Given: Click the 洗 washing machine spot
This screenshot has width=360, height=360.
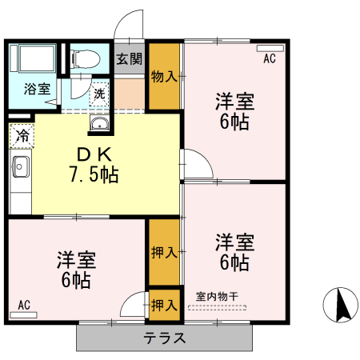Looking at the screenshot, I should (x=99, y=93).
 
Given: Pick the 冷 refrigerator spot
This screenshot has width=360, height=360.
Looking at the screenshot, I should (x=22, y=135).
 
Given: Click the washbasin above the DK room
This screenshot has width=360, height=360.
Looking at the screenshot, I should (x=101, y=123).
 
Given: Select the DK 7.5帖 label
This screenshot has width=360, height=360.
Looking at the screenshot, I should (x=98, y=165).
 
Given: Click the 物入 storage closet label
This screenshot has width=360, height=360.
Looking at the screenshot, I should (x=164, y=77).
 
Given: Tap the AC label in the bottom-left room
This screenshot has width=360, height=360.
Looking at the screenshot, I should (x=24, y=305).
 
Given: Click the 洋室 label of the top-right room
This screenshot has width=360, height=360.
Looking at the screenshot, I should (x=234, y=103).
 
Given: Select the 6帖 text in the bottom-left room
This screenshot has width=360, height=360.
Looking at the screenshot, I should (x=76, y=280).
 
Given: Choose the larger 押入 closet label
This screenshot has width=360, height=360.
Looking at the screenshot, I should (x=164, y=253).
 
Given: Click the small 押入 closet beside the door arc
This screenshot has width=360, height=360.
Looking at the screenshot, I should (x=164, y=305).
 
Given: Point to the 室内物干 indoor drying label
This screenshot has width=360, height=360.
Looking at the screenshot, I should (x=217, y=296).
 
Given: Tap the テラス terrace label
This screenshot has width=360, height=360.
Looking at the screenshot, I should (x=165, y=338).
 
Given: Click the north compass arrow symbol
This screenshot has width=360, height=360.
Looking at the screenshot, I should (x=339, y=306).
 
